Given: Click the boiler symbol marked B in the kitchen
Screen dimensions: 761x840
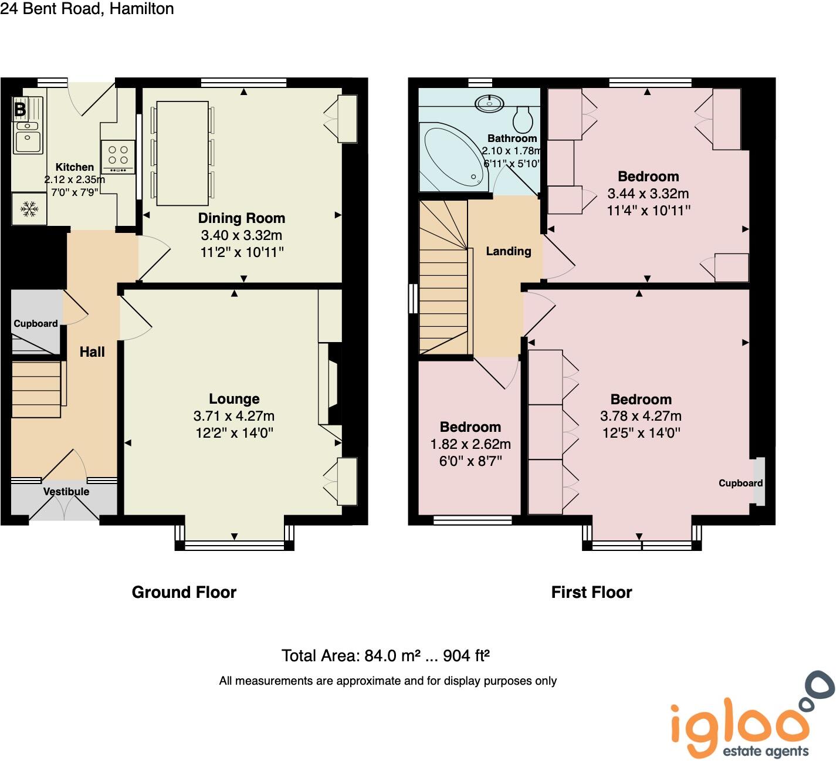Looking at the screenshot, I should (20, 109).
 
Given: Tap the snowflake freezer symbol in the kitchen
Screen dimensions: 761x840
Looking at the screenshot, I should (29, 208).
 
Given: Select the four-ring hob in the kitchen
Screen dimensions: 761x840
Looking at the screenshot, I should (118, 156).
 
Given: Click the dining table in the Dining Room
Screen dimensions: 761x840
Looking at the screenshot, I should (182, 153).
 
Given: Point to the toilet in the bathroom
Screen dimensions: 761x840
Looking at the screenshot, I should (522, 120).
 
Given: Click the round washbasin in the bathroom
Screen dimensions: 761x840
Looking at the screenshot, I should (489, 103).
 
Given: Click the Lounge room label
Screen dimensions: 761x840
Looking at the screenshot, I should (234, 399).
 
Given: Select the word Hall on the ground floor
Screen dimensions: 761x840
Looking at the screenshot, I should (92, 352).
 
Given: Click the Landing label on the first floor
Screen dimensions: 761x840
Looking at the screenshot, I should (509, 251).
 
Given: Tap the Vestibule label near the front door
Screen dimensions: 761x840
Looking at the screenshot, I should (66, 492).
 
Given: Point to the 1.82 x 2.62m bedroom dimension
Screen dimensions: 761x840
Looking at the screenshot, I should (470, 444).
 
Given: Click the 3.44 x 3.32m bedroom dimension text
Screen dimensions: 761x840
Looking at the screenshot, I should (648, 194).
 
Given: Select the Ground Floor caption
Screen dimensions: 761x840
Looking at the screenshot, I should (184, 592).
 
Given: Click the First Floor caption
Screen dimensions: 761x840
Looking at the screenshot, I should (591, 592).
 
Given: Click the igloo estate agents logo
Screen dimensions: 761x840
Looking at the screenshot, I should (751, 719).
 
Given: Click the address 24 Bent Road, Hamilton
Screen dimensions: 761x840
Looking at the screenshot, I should (87, 9).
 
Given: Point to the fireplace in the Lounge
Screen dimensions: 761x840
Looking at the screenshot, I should (333, 384).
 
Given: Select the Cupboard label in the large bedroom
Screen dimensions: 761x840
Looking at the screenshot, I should (740, 483).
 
